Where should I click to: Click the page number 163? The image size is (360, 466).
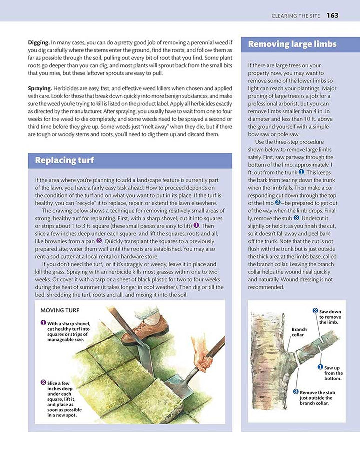333,15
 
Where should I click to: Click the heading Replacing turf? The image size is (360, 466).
64,160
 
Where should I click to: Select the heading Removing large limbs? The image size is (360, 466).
292,44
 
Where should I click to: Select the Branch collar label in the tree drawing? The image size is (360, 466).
299,332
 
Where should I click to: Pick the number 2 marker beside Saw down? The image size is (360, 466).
315,311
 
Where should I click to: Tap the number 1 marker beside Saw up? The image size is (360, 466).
320,367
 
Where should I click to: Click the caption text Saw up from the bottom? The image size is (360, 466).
333,373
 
